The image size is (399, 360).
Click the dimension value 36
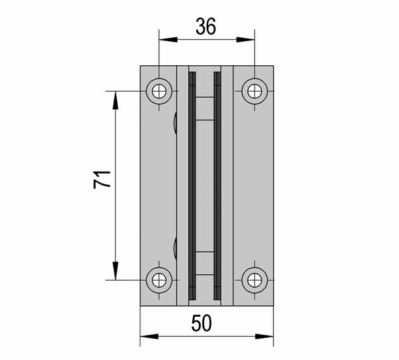(206, 26)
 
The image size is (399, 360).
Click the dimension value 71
(102, 180)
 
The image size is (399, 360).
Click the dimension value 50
(201, 323)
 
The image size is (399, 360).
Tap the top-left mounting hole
(159, 91)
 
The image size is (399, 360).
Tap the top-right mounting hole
(255, 91)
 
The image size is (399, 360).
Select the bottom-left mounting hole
(159, 280)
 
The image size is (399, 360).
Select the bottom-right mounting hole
(255, 280)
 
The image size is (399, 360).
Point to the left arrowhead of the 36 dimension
(168, 39)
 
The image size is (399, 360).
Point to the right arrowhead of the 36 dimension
(245, 39)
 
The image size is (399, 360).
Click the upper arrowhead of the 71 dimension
(116, 100)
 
